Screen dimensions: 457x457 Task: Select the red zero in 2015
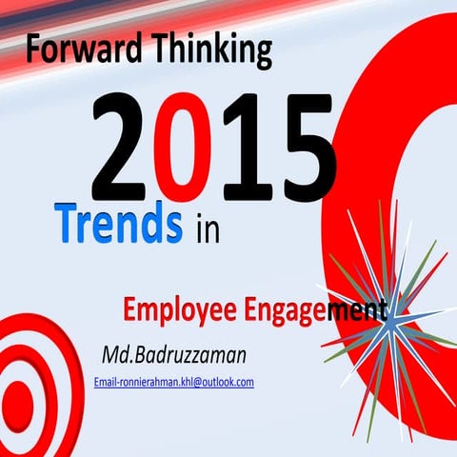tap(189, 150)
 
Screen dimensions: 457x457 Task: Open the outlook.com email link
tap(173, 382)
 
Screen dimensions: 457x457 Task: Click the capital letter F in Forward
tap(34, 46)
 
